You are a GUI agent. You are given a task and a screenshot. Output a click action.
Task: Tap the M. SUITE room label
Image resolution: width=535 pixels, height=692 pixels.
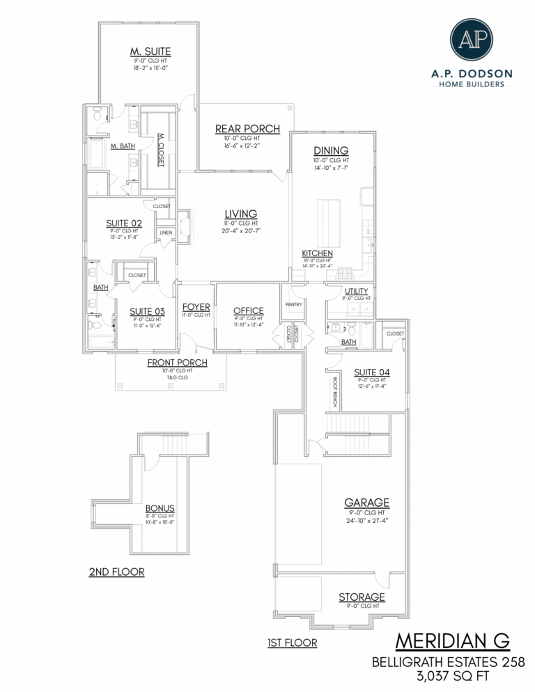tap(150, 52)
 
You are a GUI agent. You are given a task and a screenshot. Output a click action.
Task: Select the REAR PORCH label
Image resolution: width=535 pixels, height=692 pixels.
tap(247, 129)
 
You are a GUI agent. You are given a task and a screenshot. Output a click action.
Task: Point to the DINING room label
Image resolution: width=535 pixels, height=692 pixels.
tap(331, 150)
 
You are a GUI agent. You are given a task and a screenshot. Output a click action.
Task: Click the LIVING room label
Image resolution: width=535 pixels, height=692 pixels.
tap(241, 214)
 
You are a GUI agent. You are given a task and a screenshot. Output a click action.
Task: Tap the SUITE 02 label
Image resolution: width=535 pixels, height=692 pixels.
tap(124, 223)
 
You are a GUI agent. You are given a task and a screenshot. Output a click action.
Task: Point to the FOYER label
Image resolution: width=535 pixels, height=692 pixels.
tap(196, 307)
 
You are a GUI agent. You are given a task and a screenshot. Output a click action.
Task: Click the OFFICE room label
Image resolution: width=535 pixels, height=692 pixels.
tap(249, 310)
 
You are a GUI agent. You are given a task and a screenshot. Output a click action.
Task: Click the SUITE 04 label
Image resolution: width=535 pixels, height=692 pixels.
tap(372, 372)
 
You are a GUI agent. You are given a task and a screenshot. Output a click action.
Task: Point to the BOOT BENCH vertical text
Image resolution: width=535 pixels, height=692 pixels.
tap(335, 391)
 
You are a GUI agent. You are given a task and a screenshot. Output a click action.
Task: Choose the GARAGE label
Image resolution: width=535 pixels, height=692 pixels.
tap(366, 502)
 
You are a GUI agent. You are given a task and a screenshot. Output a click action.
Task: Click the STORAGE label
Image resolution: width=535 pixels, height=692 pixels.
tap(362, 597)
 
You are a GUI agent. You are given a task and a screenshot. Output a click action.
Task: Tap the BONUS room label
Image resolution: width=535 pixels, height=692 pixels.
tap(160, 508)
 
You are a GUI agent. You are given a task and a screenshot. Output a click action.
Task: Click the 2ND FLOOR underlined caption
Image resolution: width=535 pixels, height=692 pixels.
tap(116, 572)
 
